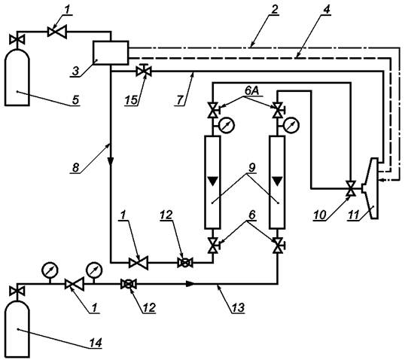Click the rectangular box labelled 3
pyautogui.click(x=111, y=53)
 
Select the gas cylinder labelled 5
pyautogui.click(x=17, y=77)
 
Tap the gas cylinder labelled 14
pyautogui.click(x=17, y=329)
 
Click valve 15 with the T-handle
pyautogui.click(x=144, y=70)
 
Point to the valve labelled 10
pyautogui.click(x=351, y=188)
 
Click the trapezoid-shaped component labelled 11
pyautogui.click(x=372, y=188)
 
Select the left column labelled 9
pyautogui.click(x=212, y=182)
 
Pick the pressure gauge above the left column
pyautogui.click(x=227, y=125)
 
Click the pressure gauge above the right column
pyautogui.click(x=291, y=125)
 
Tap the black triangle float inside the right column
pyautogui.click(x=278, y=182)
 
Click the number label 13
pyautogui.click(x=238, y=307)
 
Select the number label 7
pyautogui.click(x=180, y=100)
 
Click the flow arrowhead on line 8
pyautogui.click(x=111, y=161)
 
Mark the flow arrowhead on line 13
pyautogui.click(x=190, y=284)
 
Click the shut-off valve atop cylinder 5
pyautogui.click(x=17, y=39)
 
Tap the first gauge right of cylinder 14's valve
pyautogui.click(x=50, y=270)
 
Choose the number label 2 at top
pyautogui.click(x=275, y=9)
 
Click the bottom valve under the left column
pyautogui.click(x=212, y=245)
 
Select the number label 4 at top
pyautogui.click(x=327, y=9)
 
